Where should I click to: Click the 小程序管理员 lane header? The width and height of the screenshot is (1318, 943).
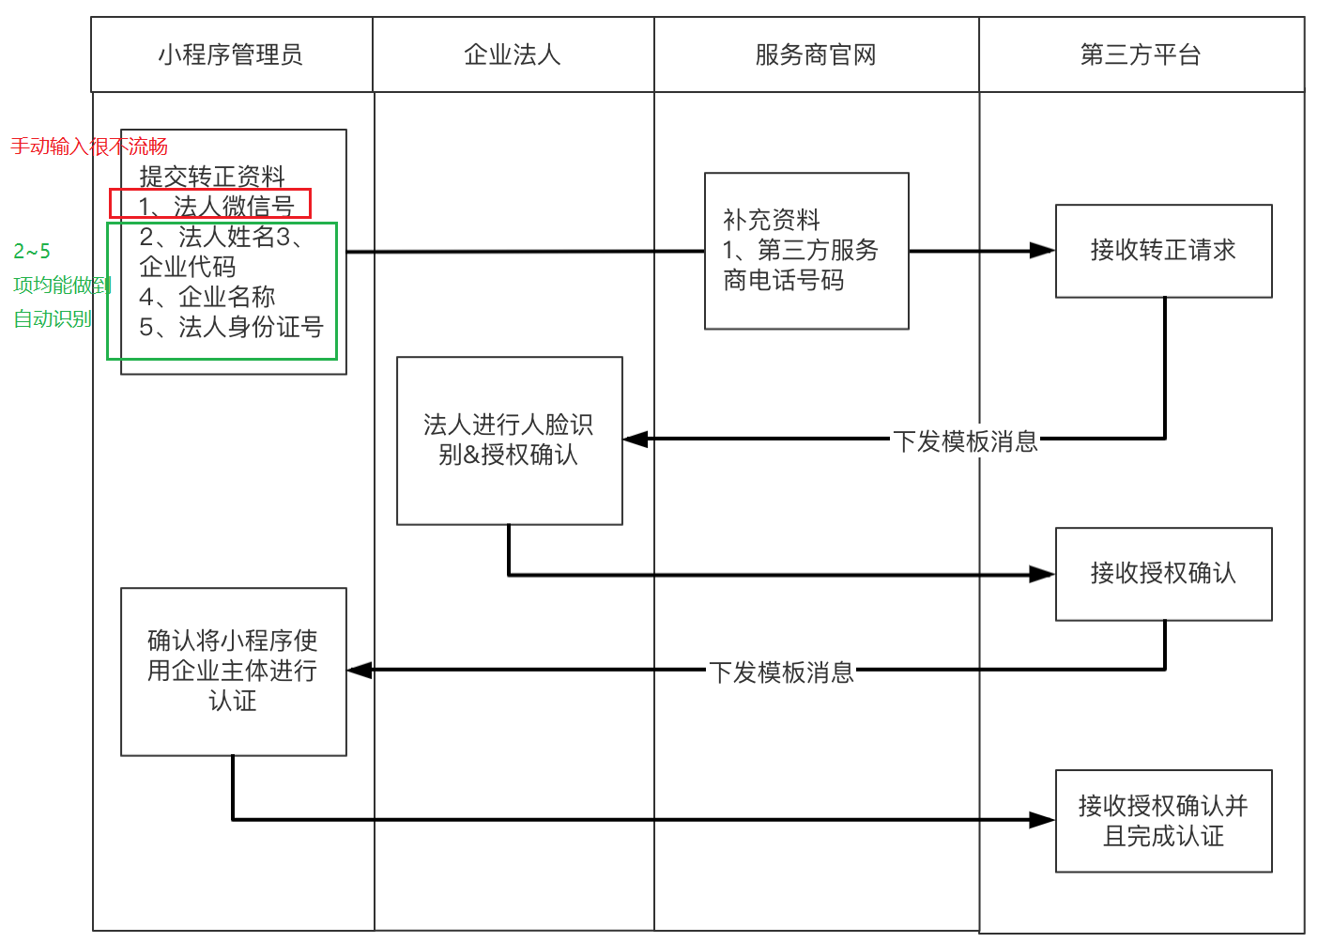(231, 55)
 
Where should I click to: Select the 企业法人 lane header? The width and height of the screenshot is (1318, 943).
(513, 55)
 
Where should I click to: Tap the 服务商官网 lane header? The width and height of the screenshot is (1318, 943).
(816, 55)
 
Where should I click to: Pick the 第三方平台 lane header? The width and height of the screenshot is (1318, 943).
(1141, 55)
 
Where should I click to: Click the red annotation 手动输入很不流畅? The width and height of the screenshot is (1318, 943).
(89, 147)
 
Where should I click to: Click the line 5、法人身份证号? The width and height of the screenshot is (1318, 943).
(231, 327)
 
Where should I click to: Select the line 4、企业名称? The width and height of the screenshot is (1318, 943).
(207, 297)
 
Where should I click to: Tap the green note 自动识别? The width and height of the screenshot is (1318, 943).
(53, 319)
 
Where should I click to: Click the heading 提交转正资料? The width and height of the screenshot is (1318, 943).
(212, 176)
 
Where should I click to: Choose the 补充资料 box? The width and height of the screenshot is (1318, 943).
(806, 251)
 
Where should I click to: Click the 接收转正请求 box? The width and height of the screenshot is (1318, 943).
(1163, 251)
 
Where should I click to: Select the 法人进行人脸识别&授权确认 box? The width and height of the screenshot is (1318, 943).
(509, 440)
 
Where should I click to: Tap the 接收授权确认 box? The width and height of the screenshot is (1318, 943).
(1163, 573)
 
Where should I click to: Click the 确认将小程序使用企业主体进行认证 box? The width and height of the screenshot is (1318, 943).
(233, 671)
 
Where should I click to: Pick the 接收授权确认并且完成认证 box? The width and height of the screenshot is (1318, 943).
(1163, 821)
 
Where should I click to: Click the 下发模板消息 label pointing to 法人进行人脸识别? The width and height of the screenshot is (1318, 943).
(965, 441)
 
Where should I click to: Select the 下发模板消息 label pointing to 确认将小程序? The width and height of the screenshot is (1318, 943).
(781, 672)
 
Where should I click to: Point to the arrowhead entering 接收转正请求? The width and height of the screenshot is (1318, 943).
(1043, 251)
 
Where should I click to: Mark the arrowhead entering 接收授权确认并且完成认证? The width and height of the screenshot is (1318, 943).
(1043, 820)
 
